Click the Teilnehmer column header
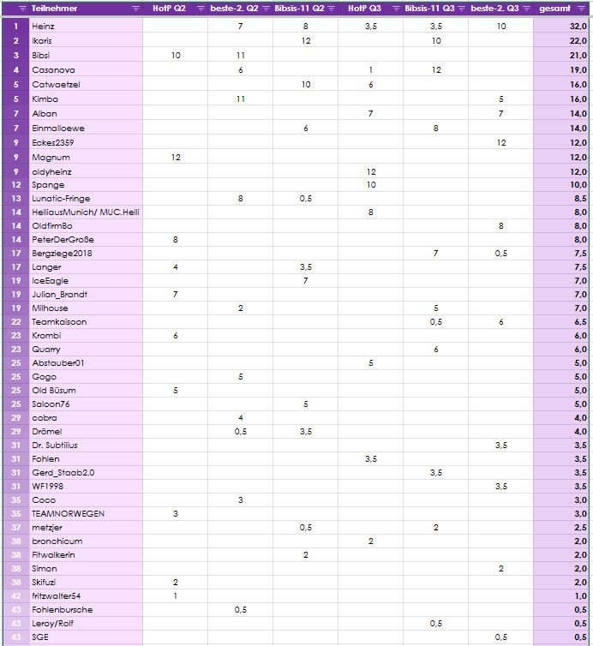pos(51,8)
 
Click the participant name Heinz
pos(43,27)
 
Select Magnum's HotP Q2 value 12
pos(176,158)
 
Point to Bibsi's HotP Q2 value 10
pos(176,55)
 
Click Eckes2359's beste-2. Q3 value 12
pos(501,143)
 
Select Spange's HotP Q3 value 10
pos(371,185)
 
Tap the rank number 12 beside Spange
pos(15,185)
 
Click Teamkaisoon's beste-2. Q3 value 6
pos(501,322)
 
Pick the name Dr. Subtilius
pos(55,446)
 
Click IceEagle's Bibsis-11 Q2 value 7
pos(306,281)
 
